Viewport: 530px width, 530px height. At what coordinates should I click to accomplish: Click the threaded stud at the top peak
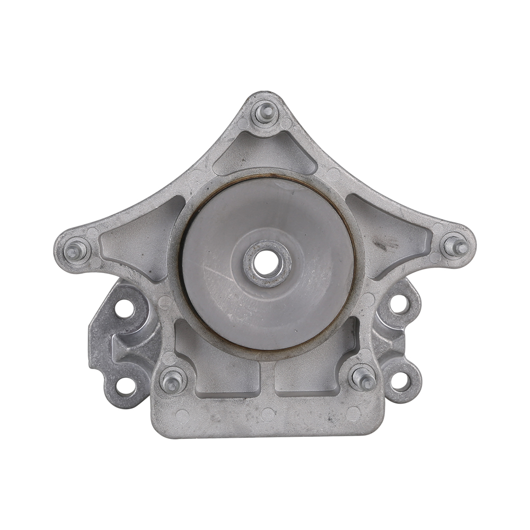click(264, 112)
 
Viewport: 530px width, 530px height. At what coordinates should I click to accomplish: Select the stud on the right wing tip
click(455, 245)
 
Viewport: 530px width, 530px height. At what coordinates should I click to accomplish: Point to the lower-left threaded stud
click(172, 380)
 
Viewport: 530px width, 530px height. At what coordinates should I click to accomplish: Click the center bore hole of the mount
click(267, 262)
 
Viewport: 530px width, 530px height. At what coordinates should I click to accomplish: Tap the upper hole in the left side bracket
click(125, 308)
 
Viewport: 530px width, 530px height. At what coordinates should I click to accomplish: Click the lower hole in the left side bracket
click(126, 386)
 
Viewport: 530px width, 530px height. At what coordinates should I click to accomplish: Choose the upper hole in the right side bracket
click(399, 304)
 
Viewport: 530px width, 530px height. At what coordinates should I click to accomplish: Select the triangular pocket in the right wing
click(392, 233)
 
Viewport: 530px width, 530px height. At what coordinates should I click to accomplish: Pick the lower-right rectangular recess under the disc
click(313, 374)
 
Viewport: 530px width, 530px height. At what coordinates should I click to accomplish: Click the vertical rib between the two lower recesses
click(268, 379)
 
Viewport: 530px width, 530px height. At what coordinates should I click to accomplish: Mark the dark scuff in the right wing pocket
click(381, 245)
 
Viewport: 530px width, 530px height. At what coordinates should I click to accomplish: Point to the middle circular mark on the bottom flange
click(268, 414)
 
